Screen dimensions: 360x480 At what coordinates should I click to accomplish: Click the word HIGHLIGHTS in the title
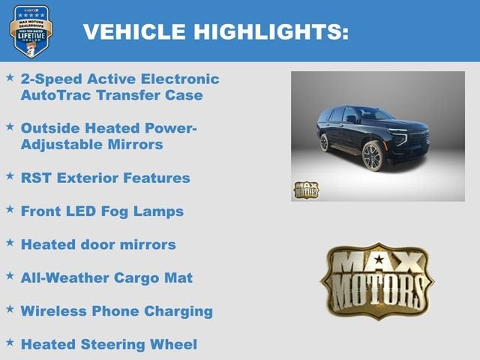269,31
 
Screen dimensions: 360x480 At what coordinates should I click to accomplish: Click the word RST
37,178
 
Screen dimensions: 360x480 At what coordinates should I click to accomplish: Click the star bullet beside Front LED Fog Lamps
10,210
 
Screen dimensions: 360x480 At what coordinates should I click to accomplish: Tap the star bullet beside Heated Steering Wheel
10,343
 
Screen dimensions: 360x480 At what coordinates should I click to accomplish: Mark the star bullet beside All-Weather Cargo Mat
10,276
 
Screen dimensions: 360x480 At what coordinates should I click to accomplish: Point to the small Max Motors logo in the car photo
305,189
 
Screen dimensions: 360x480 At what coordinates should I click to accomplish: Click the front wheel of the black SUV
373,157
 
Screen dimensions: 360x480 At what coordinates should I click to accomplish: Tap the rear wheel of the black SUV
324,142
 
